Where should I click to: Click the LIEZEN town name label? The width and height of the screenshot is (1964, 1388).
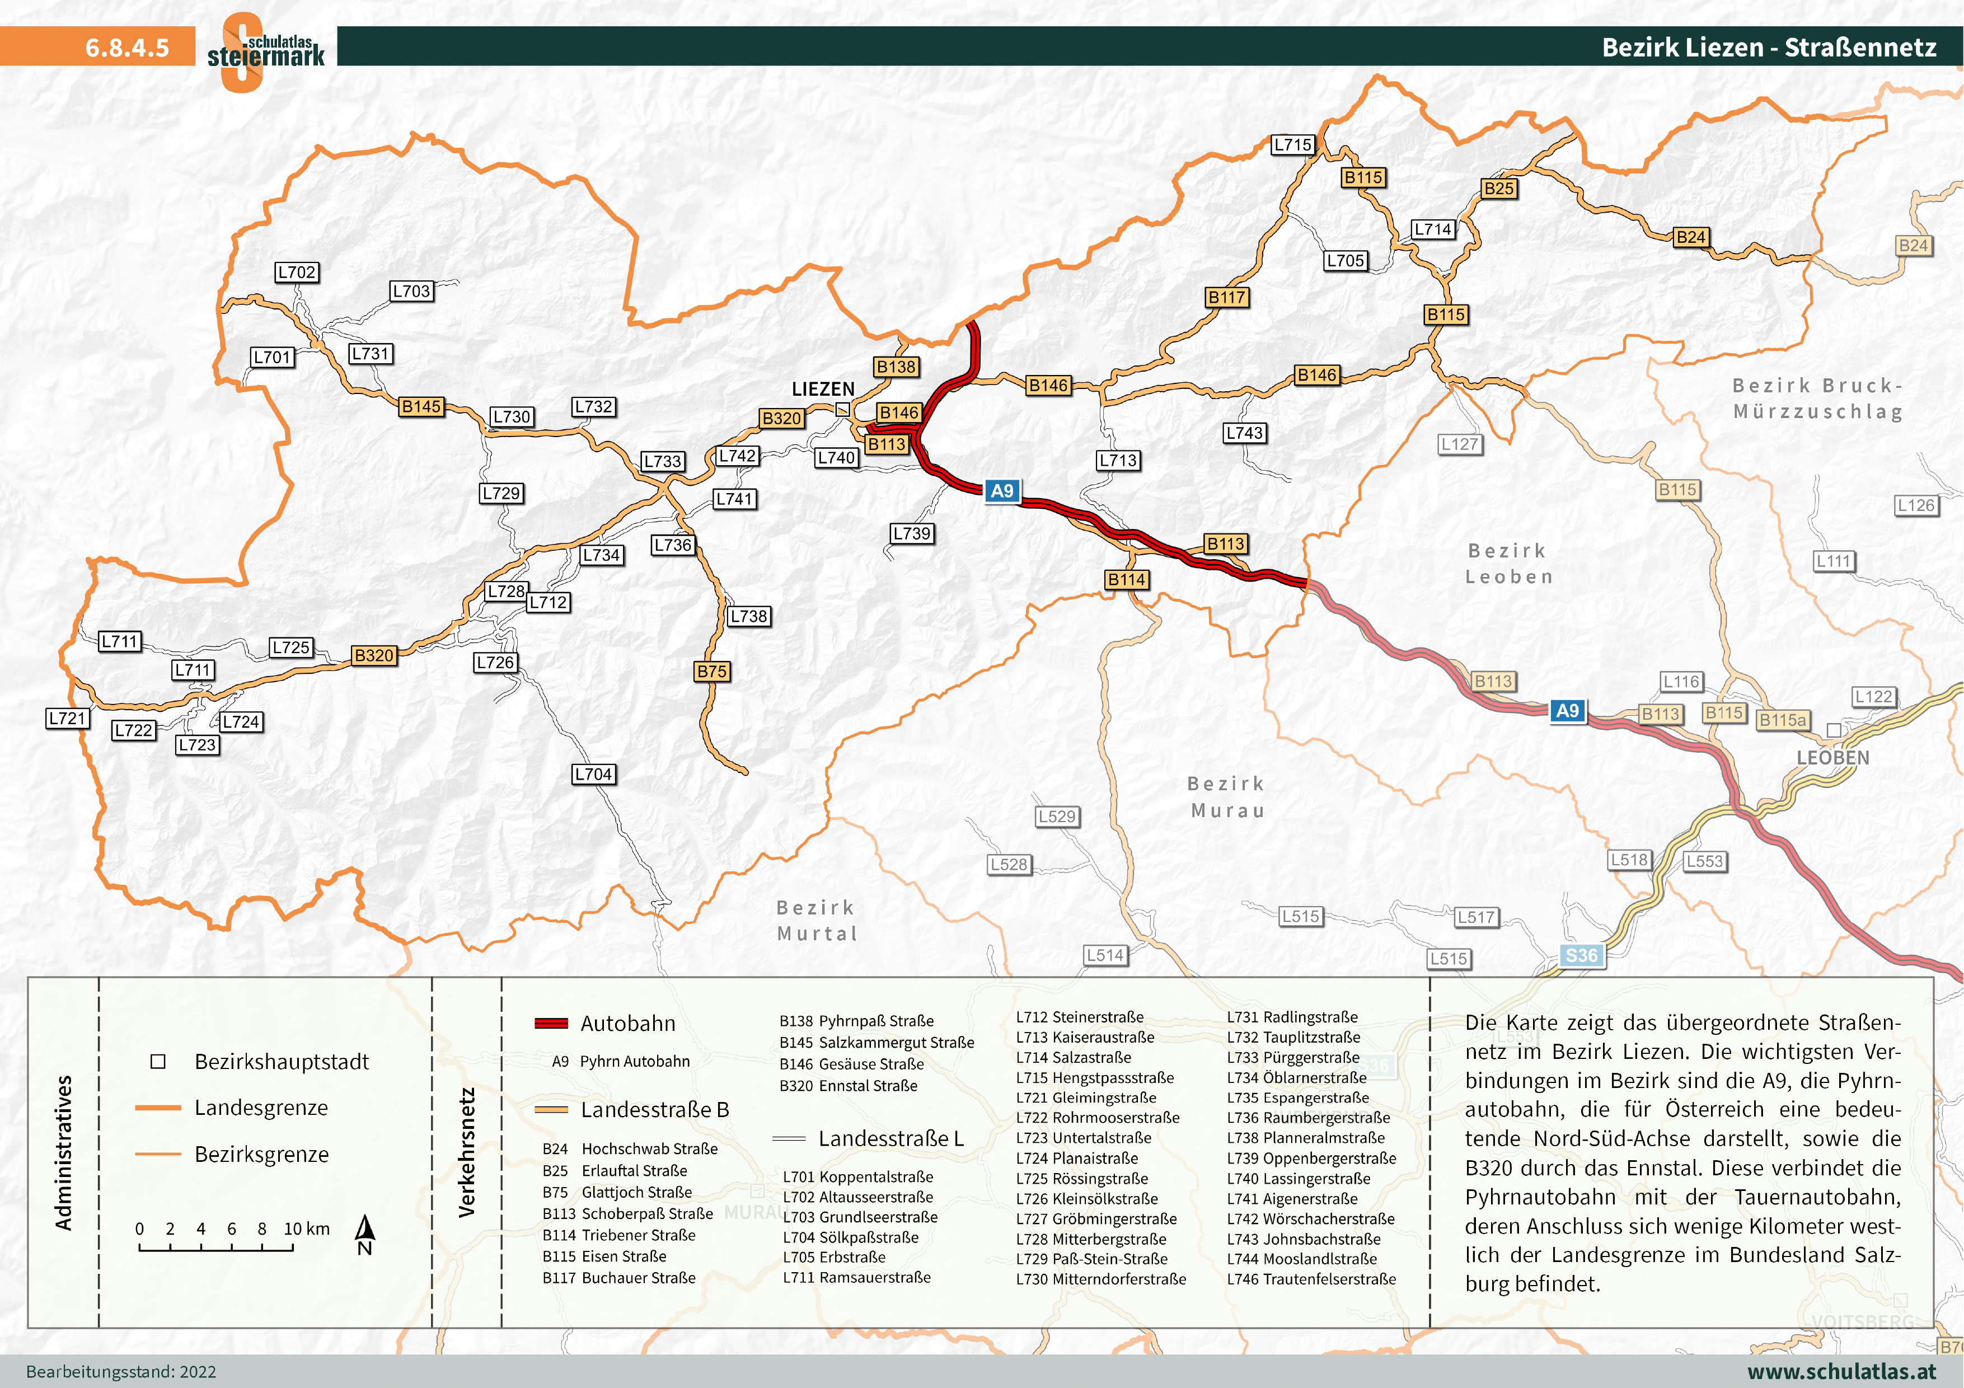pyautogui.click(x=823, y=389)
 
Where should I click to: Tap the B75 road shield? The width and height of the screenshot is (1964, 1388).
pyautogui.click(x=712, y=672)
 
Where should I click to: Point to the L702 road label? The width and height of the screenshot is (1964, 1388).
pyautogui.click(x=297, y=272)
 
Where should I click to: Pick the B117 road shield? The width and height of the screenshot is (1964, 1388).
pyautogui.click(x=1227, y=297)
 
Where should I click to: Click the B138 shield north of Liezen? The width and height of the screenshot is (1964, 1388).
pyautogui.click(x=896, y=367)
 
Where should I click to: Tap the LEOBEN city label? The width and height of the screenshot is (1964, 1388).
pyautogui.click(x=1832, y=758)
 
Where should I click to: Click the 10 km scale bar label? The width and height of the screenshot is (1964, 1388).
pyautogui.click(x=306, y=1229)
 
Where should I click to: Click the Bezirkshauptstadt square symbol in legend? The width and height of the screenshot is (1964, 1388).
pyautogui.click(x=157, y=1061)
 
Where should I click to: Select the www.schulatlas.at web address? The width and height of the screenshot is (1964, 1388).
pyautogui.click(x=1841, y=1371)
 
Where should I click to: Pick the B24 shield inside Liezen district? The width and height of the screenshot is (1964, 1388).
pyautogui.click(x=1690, y=237)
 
